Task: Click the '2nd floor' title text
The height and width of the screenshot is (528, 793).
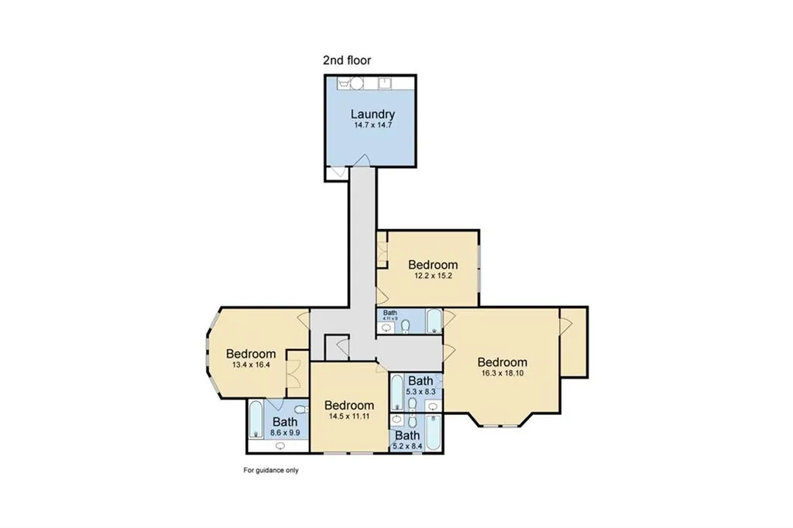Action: pos(347,60)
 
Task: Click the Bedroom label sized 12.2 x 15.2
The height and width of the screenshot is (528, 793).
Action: pos(433,265)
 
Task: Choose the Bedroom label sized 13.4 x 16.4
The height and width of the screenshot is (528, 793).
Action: pos(252,355)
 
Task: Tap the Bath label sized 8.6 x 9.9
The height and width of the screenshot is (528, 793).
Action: pos(284,422)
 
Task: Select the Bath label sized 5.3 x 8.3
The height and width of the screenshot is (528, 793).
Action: pos(421,381)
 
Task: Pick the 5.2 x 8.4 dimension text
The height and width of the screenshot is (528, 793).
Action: pos(407,446)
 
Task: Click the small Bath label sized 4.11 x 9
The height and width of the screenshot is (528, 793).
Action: pos(390,314)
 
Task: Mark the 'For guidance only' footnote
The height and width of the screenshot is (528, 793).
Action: pos(271,470)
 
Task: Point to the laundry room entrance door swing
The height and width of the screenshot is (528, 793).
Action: pos(360,160)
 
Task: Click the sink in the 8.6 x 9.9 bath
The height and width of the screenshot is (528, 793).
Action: pos(280,445)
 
